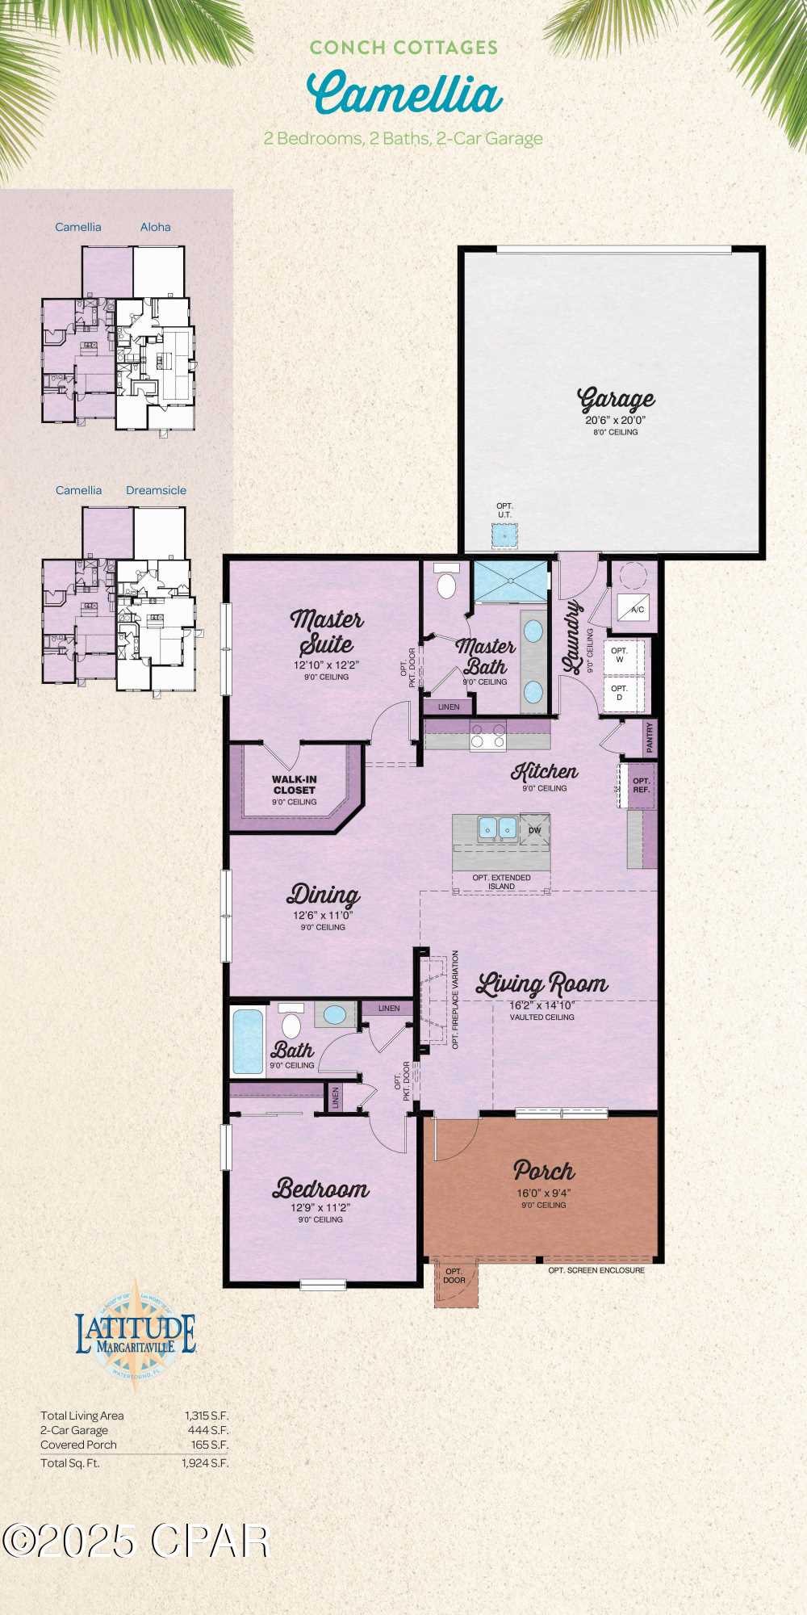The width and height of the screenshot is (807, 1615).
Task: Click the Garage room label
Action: [x=616, y=399]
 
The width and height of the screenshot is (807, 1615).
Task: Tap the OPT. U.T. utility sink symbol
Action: [x=505, y=535]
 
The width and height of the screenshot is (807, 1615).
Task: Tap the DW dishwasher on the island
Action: [x=534, y=830]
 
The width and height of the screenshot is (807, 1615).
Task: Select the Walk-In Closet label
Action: [x=295, y=785]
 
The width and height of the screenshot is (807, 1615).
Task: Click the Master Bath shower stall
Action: [x=510, y=581]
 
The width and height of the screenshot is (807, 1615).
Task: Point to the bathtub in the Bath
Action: [x=248, y=1042]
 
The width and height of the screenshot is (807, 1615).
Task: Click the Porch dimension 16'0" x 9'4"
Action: [x=544, y=1193]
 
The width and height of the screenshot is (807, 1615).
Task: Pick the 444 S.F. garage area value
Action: [x=208, y=1430]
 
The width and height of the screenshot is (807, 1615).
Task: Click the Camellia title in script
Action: [x=404, y=94]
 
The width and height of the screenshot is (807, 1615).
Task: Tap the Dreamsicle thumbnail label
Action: [x=156, y=490]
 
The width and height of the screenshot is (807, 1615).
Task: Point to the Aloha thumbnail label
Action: [x=155, y=227]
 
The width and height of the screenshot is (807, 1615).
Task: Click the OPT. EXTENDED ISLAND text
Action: [x=501, y=882]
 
